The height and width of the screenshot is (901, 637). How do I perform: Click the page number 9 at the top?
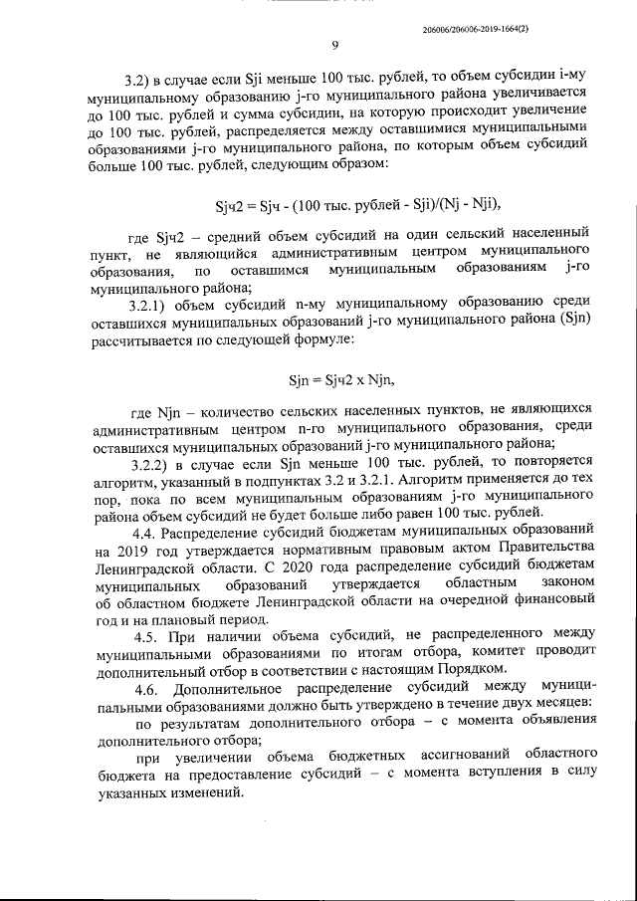click(x=335, y=46)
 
